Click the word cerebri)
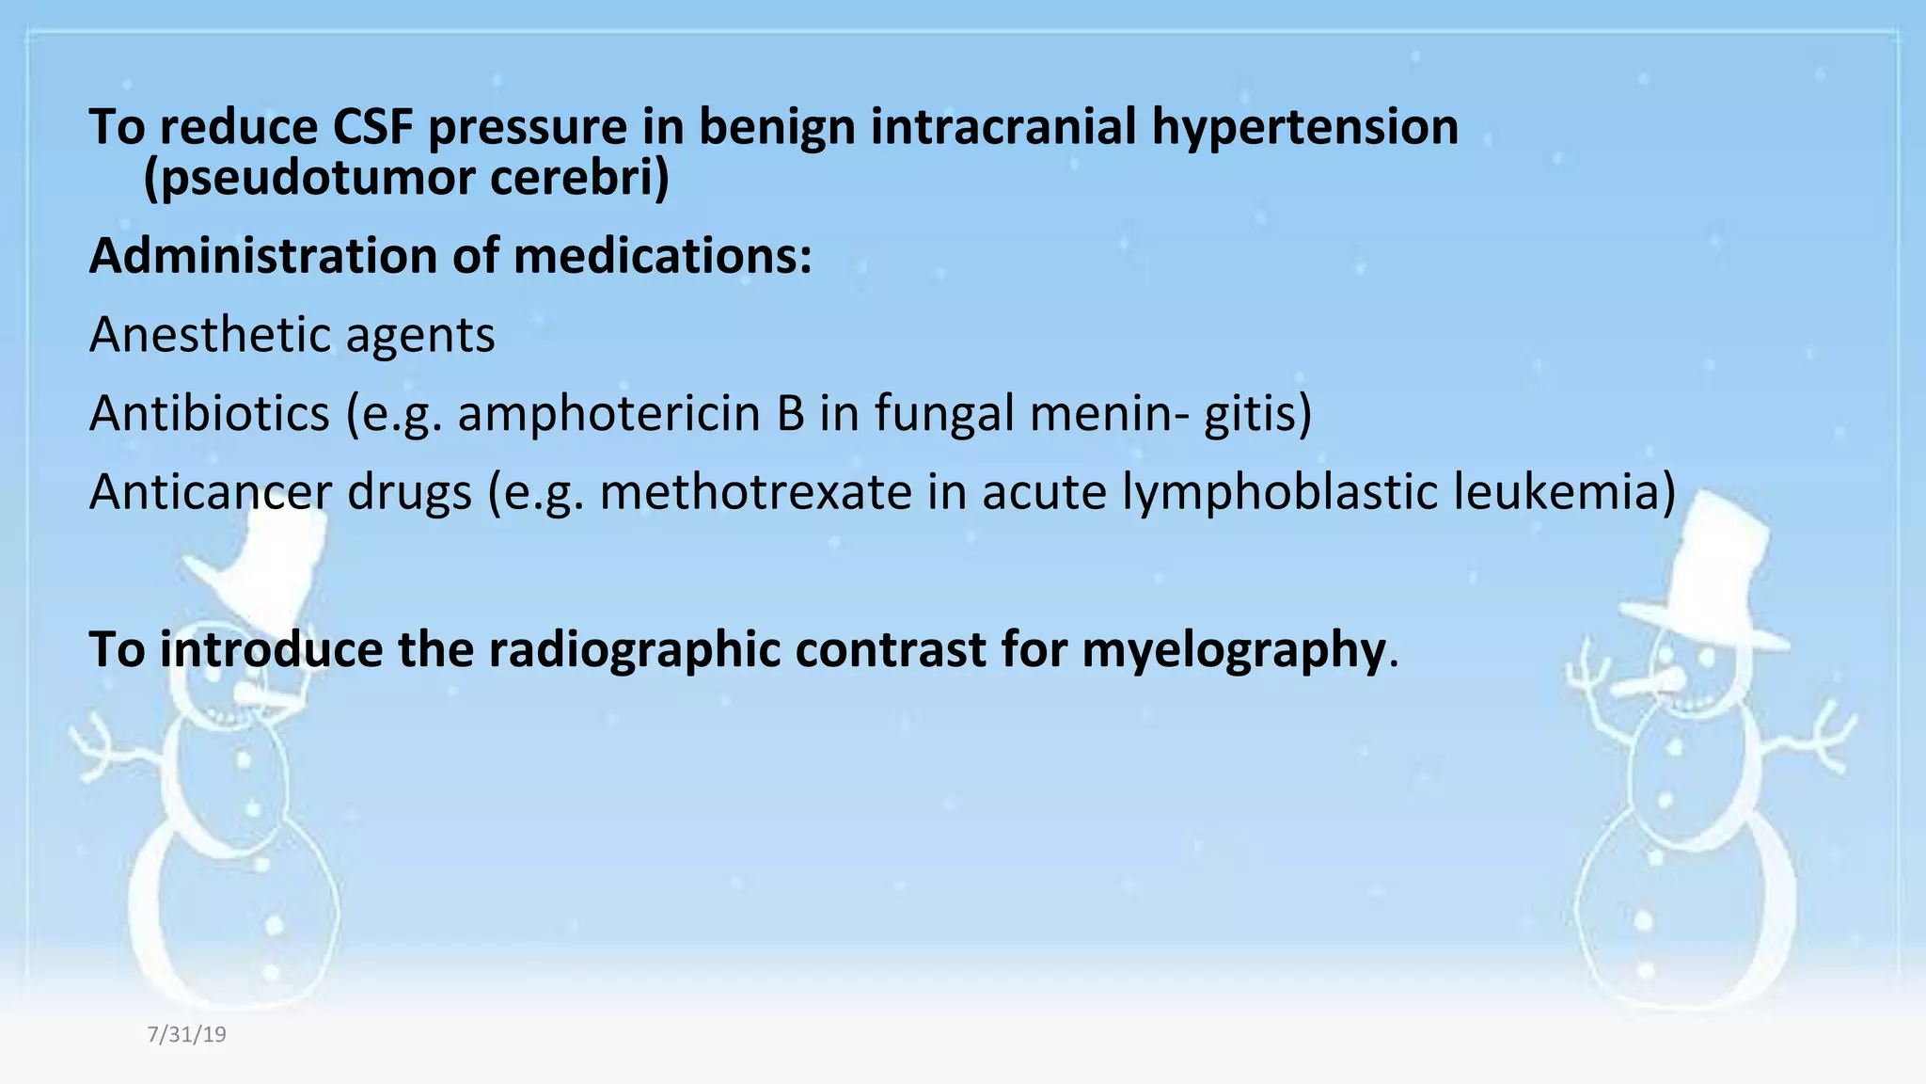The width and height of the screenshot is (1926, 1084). point(579,179)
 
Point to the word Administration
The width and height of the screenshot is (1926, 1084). point(263,256)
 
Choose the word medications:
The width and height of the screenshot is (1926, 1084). point(662,256)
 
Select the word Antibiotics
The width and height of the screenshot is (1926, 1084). point(210,413)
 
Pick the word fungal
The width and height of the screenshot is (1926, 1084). point(945,413)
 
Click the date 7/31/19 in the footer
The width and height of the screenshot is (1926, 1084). point(186,1035)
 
